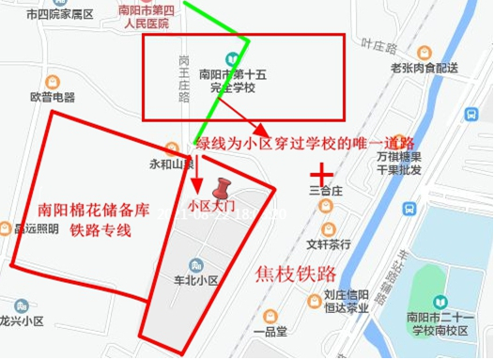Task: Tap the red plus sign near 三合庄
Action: click(322, 175)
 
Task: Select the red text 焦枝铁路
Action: click(295, 274)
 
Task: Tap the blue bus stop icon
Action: click(470, 113)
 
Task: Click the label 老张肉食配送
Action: click(424, 68)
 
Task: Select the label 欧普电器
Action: click(52, 97)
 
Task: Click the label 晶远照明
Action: click(36, 227)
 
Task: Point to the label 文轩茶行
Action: click(328, 244)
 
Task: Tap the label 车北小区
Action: click(197, 280)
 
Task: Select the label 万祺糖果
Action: click(396, 157)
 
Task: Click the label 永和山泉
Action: click(169, 164)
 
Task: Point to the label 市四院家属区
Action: click(60, 15)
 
